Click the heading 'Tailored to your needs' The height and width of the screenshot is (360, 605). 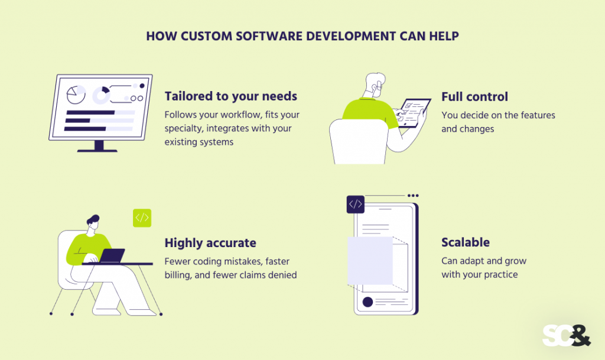pos(230,96)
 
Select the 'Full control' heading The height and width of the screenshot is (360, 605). pos(474,96)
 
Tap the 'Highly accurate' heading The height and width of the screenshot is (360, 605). pos(210,243)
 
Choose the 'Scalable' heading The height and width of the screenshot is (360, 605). pos(466,242)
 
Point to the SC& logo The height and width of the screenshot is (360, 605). pos(566,335)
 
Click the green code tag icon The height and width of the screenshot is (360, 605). pos(142,218)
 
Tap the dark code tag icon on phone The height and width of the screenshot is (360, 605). pos(355,205)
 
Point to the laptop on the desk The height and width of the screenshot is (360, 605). pos(112,256)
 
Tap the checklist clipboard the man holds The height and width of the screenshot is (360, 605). pos(412,112)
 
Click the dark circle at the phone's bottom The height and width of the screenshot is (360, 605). pos(367,302)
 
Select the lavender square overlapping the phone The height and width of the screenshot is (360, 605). pos(370,260)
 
